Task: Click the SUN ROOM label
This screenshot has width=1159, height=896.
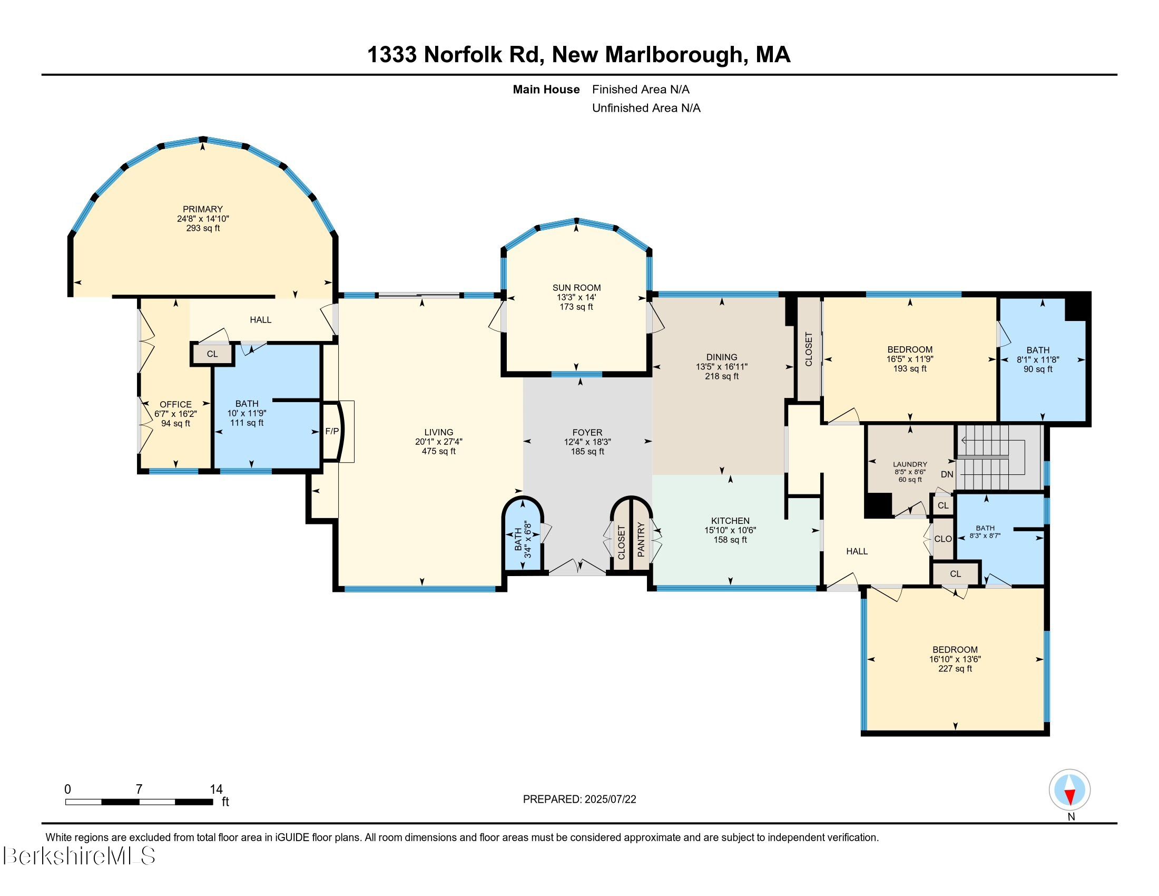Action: tap(576, 288)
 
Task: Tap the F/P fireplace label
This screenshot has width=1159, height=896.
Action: tap(332, 431)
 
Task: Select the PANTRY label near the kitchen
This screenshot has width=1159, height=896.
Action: tap(641, 540)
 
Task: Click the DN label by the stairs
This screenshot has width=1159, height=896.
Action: tap(947, 474)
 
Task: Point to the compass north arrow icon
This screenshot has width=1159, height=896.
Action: tap(1069, 790)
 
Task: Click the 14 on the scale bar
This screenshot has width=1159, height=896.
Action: tap(216, 789)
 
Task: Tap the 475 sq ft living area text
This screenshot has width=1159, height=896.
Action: tap(438, 451)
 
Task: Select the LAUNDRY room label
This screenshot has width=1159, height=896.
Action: tap(910, 464)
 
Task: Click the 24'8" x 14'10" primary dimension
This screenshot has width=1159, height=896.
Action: tap(203, 219)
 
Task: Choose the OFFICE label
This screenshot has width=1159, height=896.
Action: tap(175, 404)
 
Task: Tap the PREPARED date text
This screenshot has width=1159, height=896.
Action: tap(579, 800)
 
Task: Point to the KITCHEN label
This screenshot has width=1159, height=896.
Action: tap(730, 521)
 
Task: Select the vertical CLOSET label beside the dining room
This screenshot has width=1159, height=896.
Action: tap(808, 349)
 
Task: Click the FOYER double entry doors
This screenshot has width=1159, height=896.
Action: tap(577, 568)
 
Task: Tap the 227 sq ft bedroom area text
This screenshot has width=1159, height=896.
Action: tap(955, 668)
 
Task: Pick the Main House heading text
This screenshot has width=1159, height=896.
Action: tap(546, 89)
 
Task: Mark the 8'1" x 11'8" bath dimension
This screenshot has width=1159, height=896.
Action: tap(1037, 359)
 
